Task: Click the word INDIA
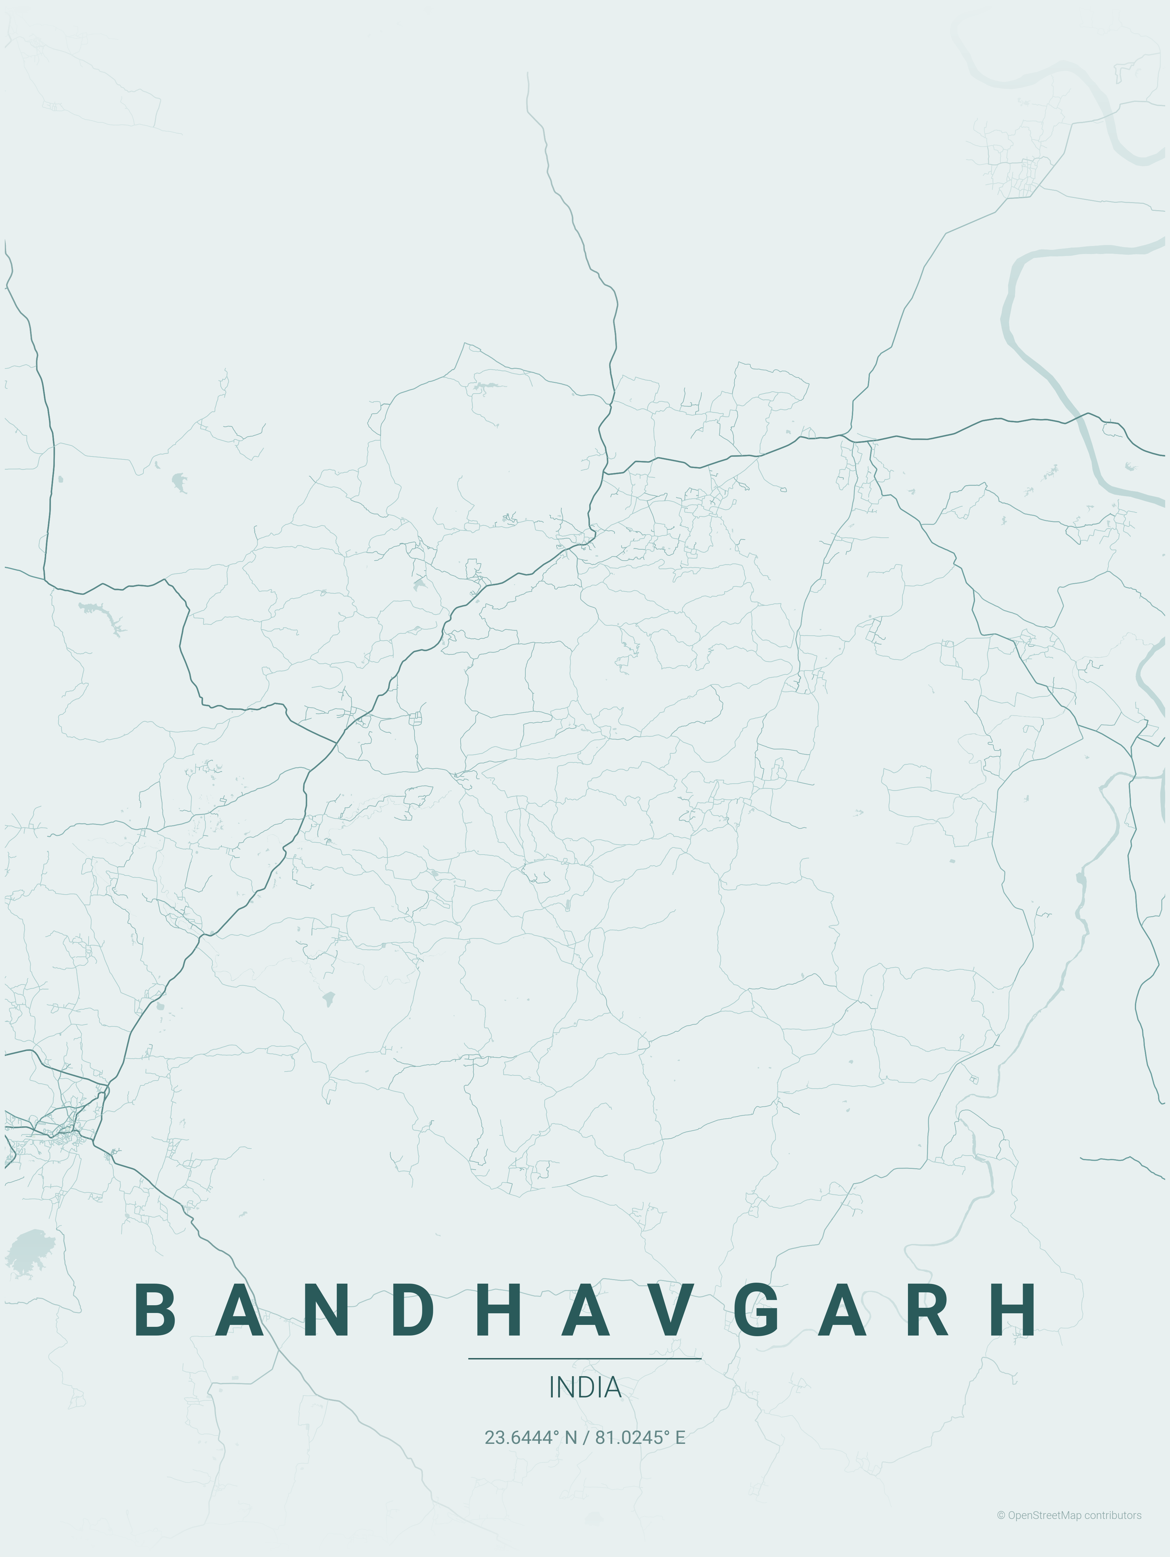(585, 1387)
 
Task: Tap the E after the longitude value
(680, 1437)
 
